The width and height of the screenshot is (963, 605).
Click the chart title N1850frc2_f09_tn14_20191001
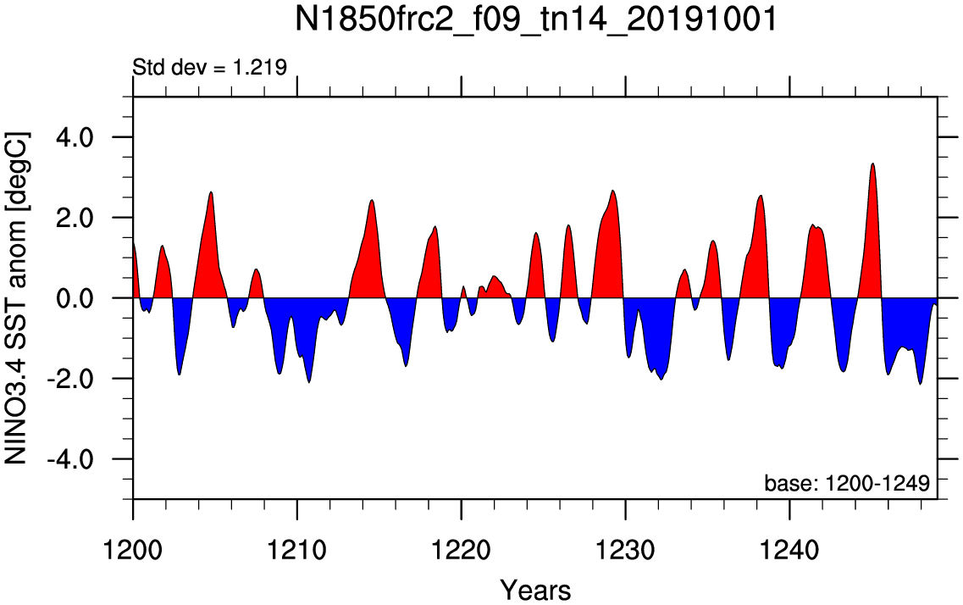(x=536, y=19)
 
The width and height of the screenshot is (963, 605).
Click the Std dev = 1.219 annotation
(x=210, y=67)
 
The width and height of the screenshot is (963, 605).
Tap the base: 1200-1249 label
(x=847, y=483)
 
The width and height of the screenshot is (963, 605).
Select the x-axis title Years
(x=535, y=591)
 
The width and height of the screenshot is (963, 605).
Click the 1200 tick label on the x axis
(x=133, y=550)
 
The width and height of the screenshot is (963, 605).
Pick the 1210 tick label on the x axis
(x=296, y=550)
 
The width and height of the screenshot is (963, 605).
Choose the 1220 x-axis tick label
(x=462, y=550)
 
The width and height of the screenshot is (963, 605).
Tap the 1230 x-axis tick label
(x=625, y=550)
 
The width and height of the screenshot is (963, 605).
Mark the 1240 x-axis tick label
(x=789, y=550)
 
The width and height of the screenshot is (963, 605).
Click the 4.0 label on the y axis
(x=75, y=137)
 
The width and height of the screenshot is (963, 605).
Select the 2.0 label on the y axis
(x=75, y=218)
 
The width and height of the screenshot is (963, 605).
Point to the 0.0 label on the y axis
(x=75, y=298)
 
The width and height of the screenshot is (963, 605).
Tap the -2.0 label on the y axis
(x=70, y=379)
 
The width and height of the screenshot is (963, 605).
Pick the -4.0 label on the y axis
(x=70, y=459)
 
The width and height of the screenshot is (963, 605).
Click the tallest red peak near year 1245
(x=872, y=164)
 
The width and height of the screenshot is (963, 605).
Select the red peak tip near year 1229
(x=613, y=191)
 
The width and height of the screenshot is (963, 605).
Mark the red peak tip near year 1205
(x=211, y=192)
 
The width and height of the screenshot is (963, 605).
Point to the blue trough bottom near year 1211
(x=309, y=382)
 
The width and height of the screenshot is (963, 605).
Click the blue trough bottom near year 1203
(x=179, y=374)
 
